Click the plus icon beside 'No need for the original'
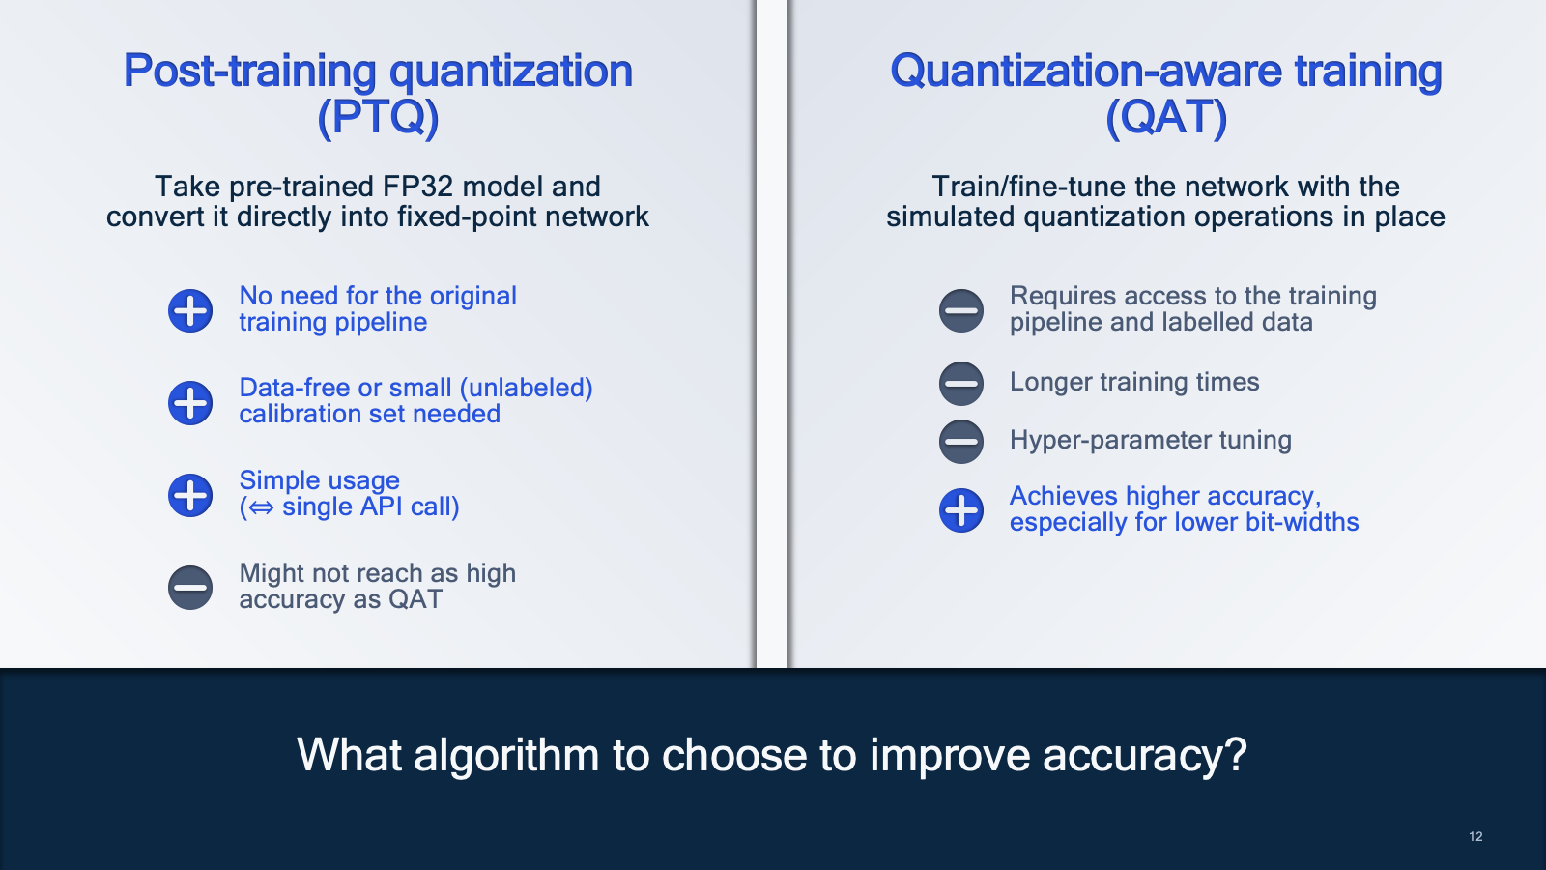click(x=189, y=310)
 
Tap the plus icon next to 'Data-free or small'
click(x=189, y=402)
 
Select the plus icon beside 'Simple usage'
click(x=189, y=495)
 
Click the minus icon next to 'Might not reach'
click(x=189, y=588)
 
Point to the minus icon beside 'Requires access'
click(x=960, y=310)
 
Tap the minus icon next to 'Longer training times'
click(x=960, y=383)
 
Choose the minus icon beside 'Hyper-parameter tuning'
click(x=960, y=441)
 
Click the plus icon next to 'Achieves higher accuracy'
click(x=960, y=510)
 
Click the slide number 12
click(x=1475, y=837)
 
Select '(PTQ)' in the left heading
click(x=378, y=117)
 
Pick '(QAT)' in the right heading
click(x=1166, y=117)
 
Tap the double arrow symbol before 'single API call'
click(x=261, y=507)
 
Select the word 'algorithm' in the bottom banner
click(x=506, y=755)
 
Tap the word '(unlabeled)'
click(x=530, y=388)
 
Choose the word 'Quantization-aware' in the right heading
click(x=1086, y=71)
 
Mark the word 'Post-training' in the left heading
click(x=250, y=72)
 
